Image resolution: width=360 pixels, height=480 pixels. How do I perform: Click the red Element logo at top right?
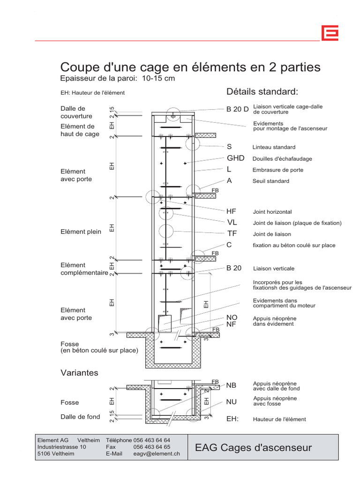(x=330, y=33)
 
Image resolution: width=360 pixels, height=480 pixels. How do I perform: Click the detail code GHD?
(x=235, y=158)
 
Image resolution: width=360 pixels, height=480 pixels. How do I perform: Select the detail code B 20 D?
(x=237, y=109)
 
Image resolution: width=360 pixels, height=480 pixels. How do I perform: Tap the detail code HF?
(x=232, y=212)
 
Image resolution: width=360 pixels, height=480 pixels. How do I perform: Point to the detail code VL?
(x=232, y=222)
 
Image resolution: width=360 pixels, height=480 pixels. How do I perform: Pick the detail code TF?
(x=232, y=234)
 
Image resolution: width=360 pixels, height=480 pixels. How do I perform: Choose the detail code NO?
(x=232, y=318)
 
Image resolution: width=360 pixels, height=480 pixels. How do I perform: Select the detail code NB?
(x=232, y=385)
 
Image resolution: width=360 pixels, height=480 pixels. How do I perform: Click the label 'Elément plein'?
(x=81, y=232)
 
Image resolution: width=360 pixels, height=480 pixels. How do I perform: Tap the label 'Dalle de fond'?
(x=80, y=417)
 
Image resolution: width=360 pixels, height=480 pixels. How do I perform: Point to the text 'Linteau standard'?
(x=274, y=147)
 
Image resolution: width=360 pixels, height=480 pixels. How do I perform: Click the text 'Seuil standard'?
(x=271, y=181)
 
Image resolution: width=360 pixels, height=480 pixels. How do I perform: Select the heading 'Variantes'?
(x=80, y=373)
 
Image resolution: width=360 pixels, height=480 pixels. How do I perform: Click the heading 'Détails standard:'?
(x=262, y=91)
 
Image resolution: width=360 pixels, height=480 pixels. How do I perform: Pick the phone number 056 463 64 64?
(x=152, y=441)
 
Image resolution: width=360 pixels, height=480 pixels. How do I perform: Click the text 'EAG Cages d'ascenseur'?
(x=253, y=448)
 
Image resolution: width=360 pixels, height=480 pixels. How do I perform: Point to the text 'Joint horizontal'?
(x=272, y=212)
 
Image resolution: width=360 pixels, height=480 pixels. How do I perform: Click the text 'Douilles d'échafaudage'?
(x=282, y=158)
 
